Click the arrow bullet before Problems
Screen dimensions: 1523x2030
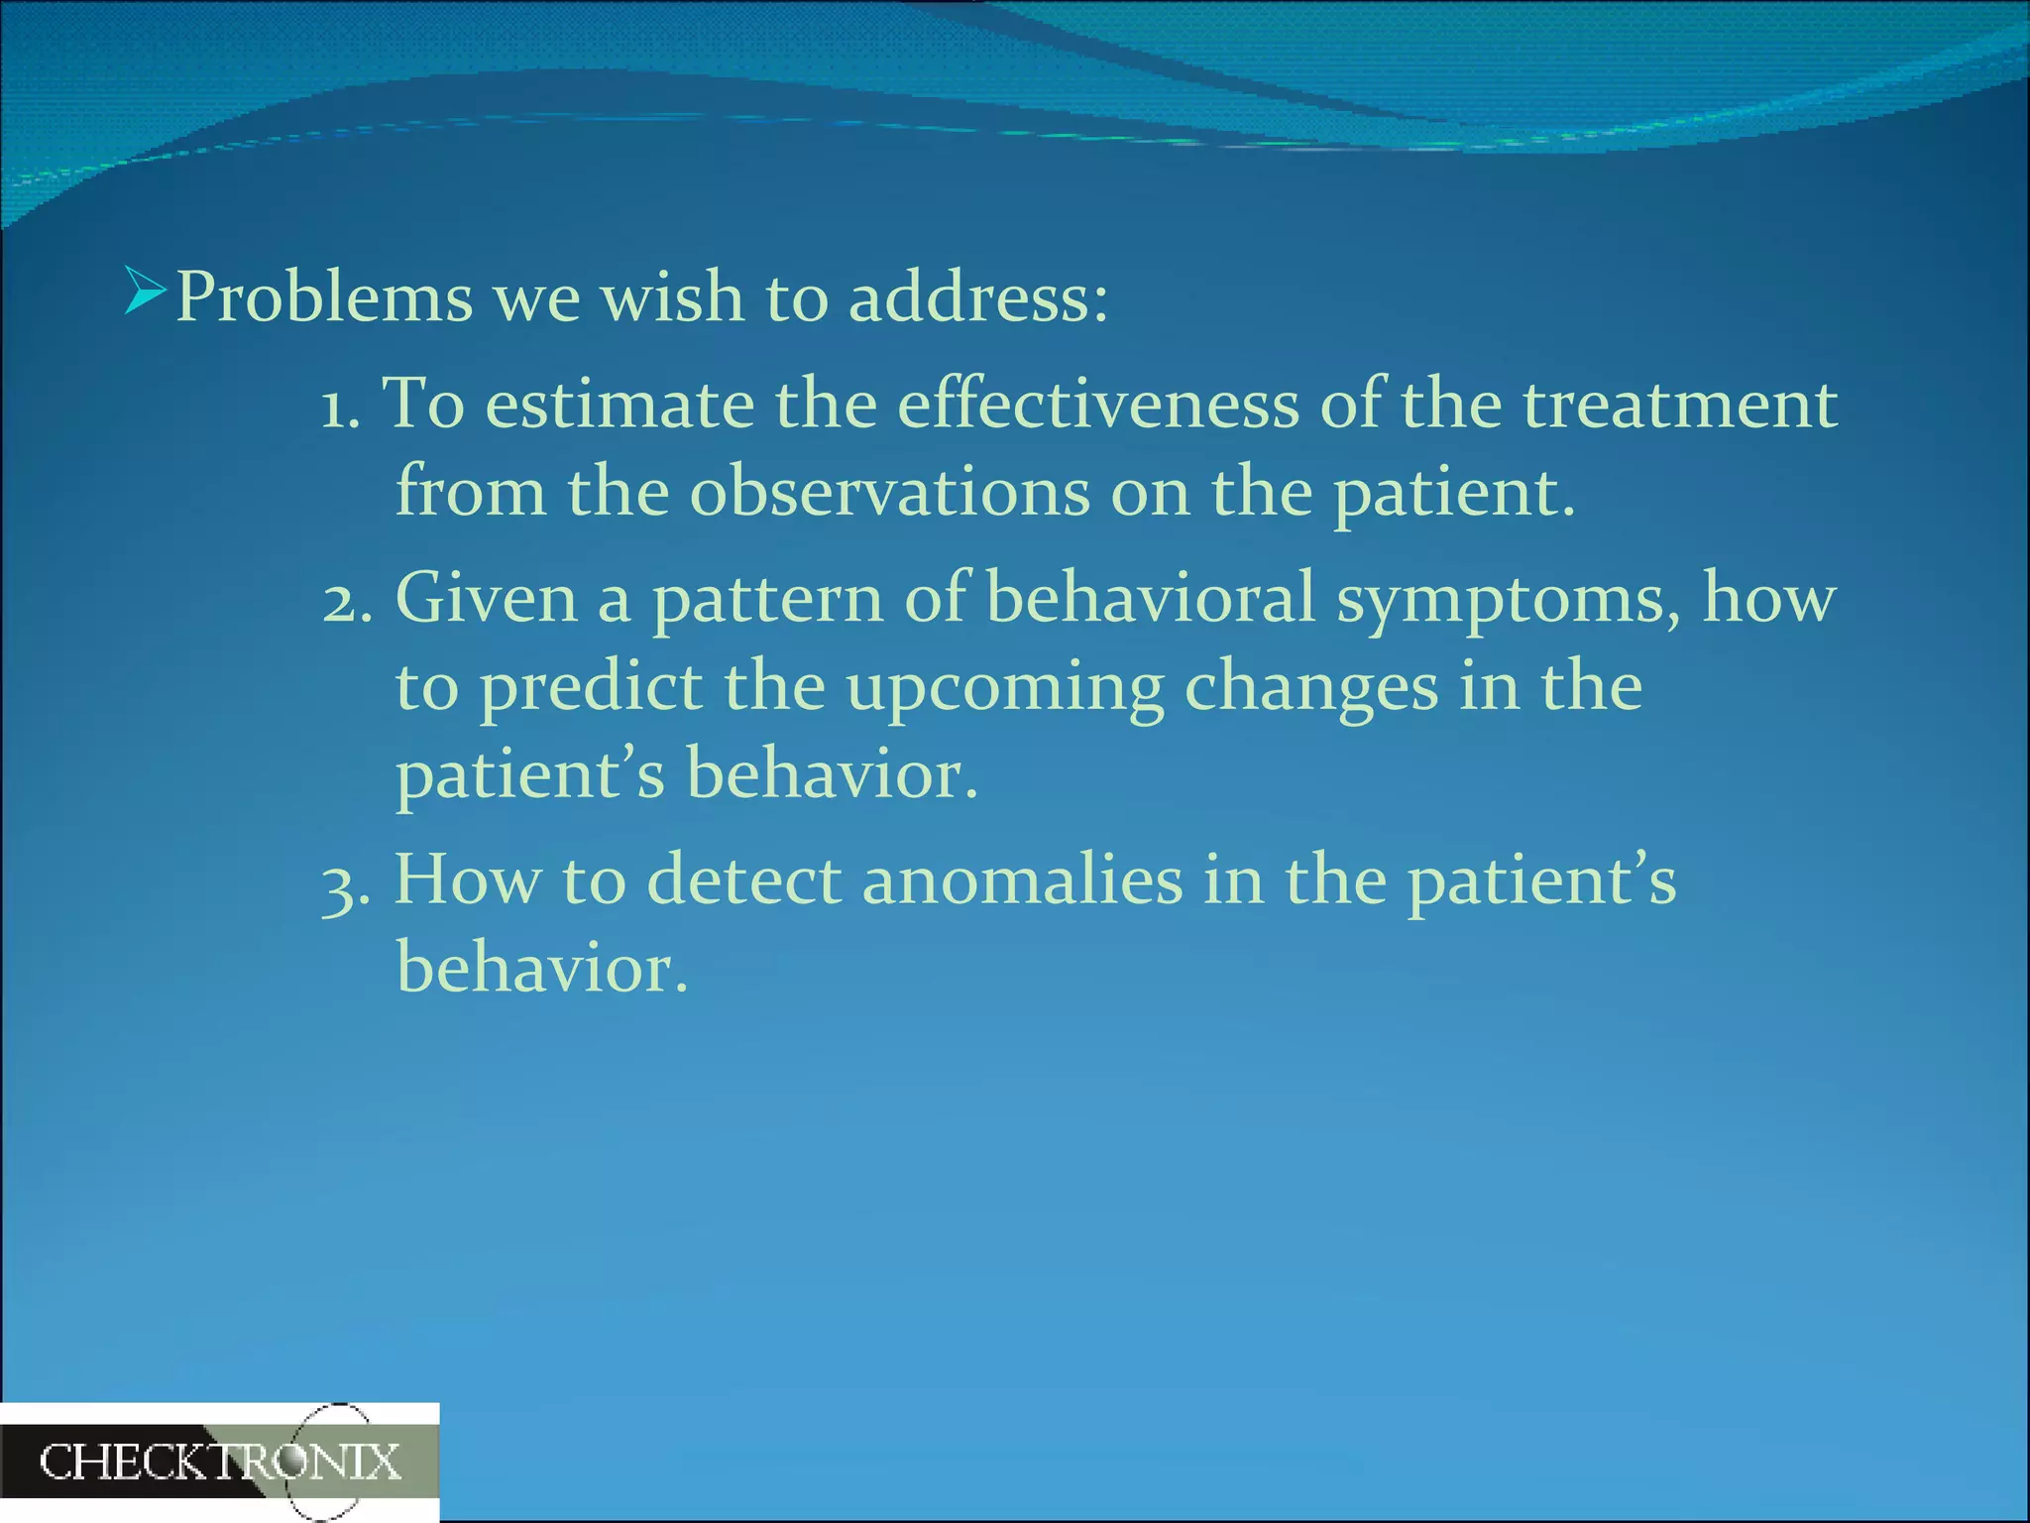(145, 292)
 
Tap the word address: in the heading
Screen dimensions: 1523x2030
(978, 297)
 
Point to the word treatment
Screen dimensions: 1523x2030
(1679, 407)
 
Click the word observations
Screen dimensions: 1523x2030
(889, 493)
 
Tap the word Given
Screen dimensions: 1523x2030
(486, 599)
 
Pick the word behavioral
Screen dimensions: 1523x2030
(1150, 599)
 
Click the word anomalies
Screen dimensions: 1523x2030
(1022, 881)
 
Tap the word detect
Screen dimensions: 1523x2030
(743, 881)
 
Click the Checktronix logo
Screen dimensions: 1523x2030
(220, 1463)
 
